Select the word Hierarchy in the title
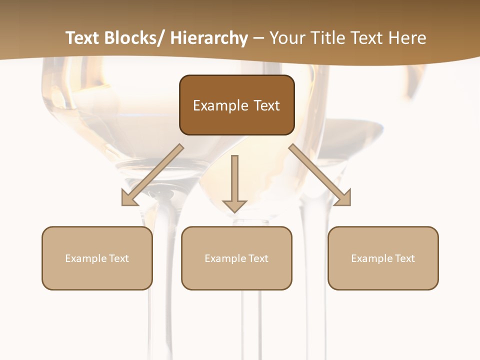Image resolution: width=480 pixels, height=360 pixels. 209,38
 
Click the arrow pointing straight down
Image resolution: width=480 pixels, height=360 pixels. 234,180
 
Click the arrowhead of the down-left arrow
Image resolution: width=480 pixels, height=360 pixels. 129,197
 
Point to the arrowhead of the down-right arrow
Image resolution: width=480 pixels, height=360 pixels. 343,197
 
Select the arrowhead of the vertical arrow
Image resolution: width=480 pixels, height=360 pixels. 234,205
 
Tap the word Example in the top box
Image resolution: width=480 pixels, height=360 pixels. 220,105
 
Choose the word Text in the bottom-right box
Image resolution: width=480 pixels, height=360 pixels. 404,258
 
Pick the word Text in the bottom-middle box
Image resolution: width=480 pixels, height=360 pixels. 258,258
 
